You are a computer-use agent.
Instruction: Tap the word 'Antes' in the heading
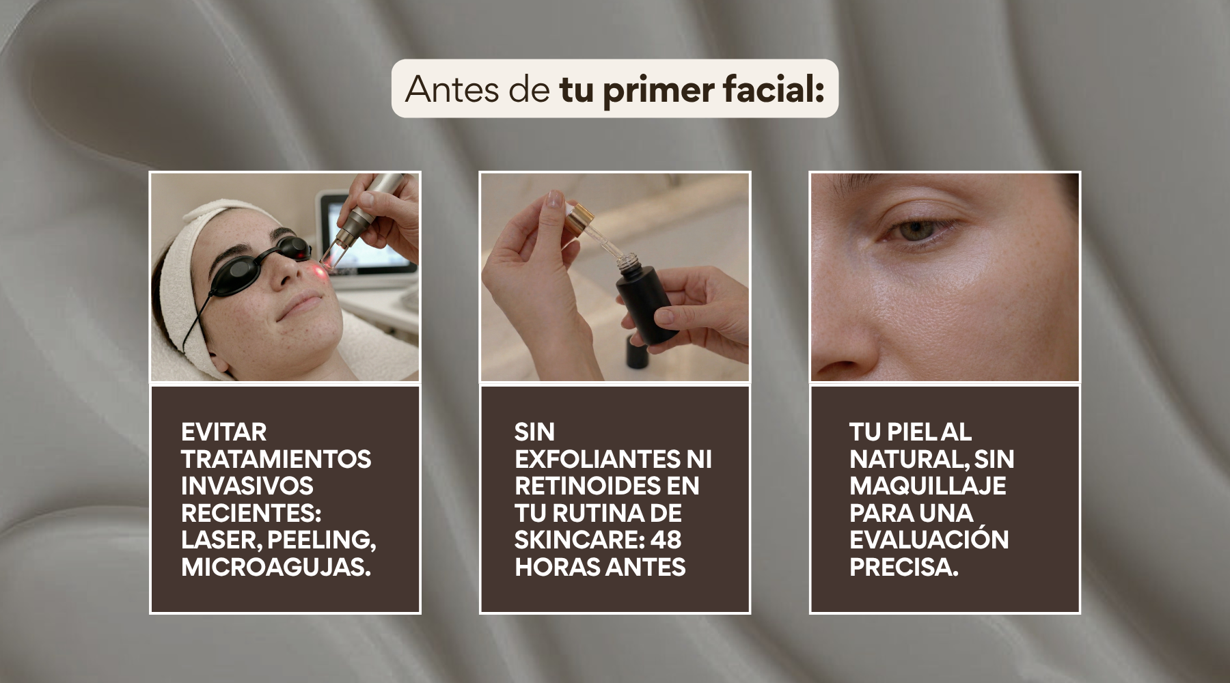click(x=452, y=89)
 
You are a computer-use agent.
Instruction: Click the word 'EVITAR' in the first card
click(x=223, y=432)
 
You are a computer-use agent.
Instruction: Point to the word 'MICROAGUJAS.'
click(x=276, y=567)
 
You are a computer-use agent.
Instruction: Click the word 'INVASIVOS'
click(x=247, y=486)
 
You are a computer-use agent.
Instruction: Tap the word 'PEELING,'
click(x=321, y=540)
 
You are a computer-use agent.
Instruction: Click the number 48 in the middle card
click(x=666, y=540)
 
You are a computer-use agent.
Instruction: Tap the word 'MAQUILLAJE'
click(x=928, y=486)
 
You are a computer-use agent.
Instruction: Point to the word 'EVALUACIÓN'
click(x=929, y=538)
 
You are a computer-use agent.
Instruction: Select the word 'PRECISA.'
click(x=904, y=567)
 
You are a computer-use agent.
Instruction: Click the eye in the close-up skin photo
click(x=915, y=229)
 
